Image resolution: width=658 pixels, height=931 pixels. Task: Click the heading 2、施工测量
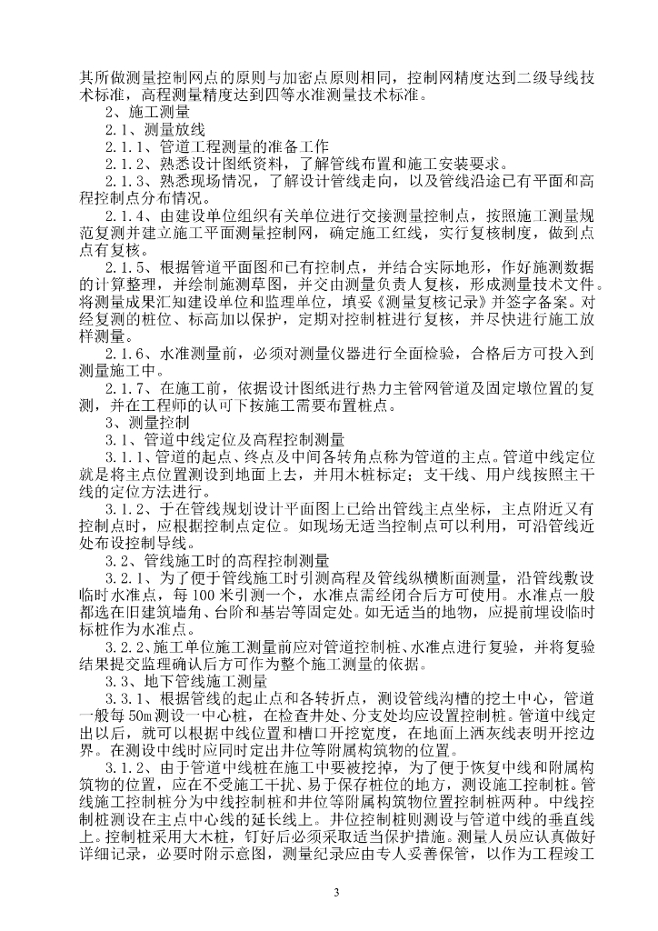[x=147, y=113]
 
